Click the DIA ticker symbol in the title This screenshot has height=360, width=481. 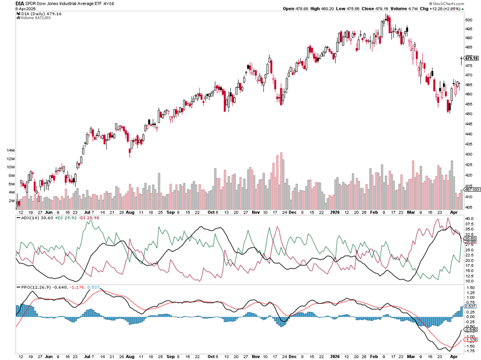pyautogui.click(x=20, y=3)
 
